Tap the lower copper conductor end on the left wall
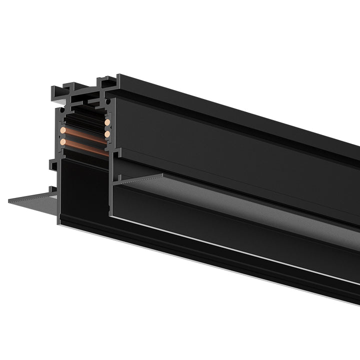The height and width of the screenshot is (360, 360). [x=63, y=142]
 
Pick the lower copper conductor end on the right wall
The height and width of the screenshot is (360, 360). [x=107, y=134]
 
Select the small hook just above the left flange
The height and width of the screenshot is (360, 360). [x=52, y=189]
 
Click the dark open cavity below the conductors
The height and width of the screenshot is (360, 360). [x=82, y=190]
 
